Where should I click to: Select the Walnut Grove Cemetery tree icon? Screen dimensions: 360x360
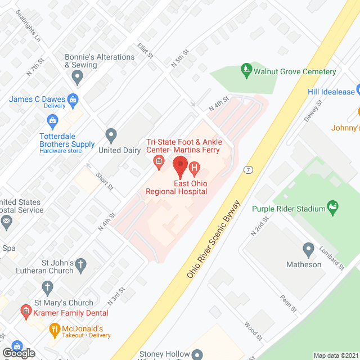[x=246, y=71]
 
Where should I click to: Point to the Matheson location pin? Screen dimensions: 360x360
[x=308, y=249]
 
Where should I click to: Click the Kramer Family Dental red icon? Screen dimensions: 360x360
[x=25, y=310]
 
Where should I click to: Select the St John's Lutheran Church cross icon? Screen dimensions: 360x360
[x=80, y=264]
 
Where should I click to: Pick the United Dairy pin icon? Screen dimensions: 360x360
[x=111, y=134]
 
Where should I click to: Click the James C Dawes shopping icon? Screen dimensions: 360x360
[x=73, y=100]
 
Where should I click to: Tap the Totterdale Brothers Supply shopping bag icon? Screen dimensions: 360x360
[x=52, y=120]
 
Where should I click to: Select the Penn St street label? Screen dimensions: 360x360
[x=290, y=303]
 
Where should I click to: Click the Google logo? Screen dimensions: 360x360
[x=19, y=352]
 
